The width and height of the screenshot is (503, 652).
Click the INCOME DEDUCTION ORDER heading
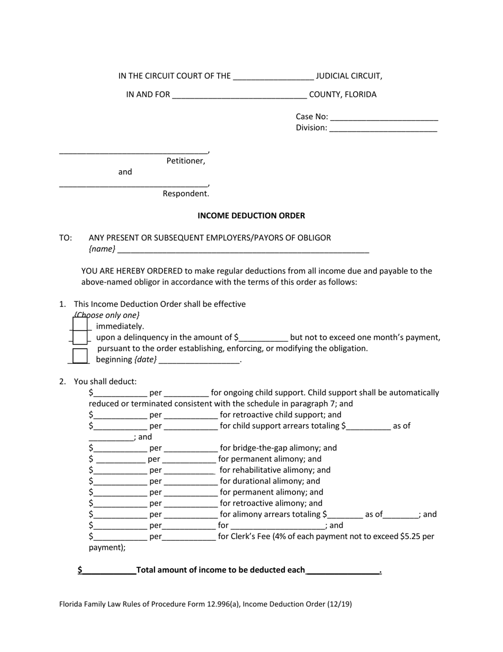tap(251, 216)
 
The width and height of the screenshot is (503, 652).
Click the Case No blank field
tap(384, 117)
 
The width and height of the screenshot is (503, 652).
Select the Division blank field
tap(383, 128)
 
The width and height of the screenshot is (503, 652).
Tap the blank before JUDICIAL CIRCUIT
tap(273, 76)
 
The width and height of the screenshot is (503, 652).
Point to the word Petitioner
tap(185, 161)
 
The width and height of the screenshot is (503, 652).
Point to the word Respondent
tap(185, 193)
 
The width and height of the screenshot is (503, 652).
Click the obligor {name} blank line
tap(243, 249)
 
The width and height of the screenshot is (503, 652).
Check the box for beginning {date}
tap(80, 356)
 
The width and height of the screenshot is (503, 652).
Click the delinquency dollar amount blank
tap(263, 338)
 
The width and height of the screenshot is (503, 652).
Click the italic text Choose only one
tap(107, 315)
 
